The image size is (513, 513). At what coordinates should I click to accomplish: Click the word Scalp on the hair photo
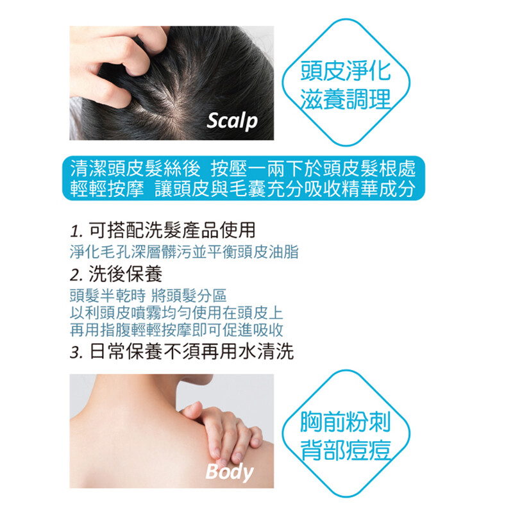coord(232,121)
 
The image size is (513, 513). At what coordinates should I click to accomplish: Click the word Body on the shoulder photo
coord(230,472)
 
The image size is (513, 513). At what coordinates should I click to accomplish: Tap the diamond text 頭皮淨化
coord(346,71)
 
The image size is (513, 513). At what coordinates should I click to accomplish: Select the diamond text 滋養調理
coord(346,99)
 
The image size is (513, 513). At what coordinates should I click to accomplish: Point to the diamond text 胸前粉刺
coord(346,423)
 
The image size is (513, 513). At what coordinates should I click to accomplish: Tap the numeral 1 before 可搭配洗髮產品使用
coord(75,231)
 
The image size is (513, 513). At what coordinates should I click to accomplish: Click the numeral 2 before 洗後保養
coord(76,275)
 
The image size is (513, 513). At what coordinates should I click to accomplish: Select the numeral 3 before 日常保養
coord(76,353)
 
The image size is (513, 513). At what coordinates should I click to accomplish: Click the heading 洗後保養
coord(125,274)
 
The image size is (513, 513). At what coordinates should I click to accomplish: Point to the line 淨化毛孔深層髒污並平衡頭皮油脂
coord(184,252)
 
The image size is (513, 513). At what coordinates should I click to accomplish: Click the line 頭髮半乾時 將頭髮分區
coord(148,295)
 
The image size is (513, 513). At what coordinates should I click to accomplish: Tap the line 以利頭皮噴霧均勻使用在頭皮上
coord(176,312)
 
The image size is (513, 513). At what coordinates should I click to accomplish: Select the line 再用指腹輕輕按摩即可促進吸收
coord(176,330)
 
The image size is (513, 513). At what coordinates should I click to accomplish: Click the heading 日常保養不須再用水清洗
coord(191,351)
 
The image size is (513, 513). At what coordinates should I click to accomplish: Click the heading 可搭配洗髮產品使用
coord(172,230)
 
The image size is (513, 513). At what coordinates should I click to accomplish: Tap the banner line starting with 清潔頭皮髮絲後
coord(243,169)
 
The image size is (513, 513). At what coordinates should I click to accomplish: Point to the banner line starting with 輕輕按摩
coord(243,189)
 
